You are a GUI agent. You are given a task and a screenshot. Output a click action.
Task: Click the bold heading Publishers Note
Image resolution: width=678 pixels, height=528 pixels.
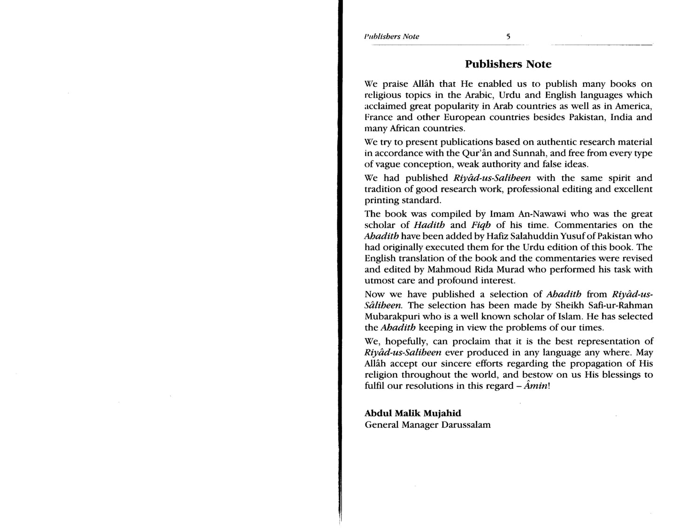coord(508,64)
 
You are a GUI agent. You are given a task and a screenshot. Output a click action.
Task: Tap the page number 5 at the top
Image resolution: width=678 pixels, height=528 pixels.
coord(508,37)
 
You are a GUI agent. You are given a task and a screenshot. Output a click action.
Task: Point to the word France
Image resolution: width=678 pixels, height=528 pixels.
coord(379,117)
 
